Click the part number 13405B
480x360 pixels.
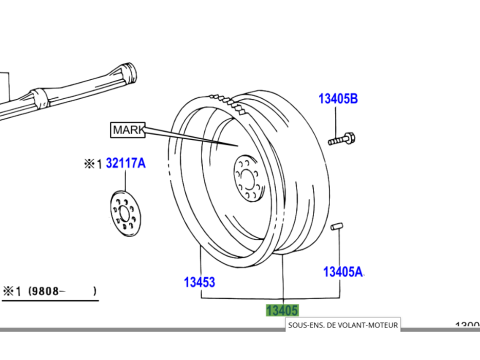[338, 99]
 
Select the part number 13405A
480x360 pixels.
[342, 271]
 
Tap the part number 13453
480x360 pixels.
[199, 282]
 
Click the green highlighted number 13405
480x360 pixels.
[282, 310]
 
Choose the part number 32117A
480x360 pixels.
[126, 163]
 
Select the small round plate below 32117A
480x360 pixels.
[126, 212]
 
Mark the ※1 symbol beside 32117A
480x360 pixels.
[92, 163]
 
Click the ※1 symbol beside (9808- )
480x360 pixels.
[12, 291]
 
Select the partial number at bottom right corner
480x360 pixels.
[466, 326]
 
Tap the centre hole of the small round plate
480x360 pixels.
[126, 212]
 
